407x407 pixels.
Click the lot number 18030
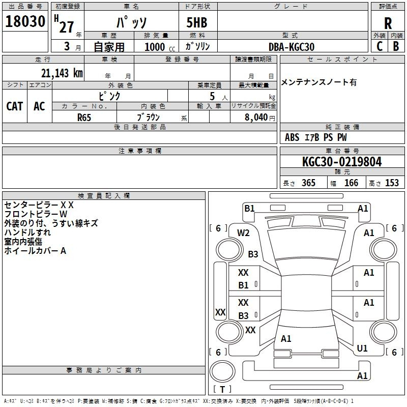(x=25, y=21)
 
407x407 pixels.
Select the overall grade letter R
(x=388, y=23)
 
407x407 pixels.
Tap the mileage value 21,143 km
(x=62, y=73)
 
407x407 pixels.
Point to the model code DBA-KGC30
(x=292, y=47)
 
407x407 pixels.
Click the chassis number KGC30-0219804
(x=342, y=162)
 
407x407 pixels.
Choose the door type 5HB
(x=197, y=22)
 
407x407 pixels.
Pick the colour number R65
(x=84, y=118)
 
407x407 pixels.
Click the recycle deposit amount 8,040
(x=256, y=118)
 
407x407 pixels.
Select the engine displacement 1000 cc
(x=160, y=47)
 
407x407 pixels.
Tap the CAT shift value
(x=15, y=106)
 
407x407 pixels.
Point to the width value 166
(x=351, y=183)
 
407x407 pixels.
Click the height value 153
(x=392, y=183)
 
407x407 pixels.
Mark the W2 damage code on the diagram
(x=243, y=233)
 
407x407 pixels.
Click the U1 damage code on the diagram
(x=362, y=348)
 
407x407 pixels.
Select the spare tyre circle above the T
(x=222, y=371)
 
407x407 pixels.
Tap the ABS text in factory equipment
(x=292, y=137)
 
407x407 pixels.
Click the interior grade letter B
(x=396, y=46)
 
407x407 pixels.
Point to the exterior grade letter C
(x=380, y=46)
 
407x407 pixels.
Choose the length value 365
(x=308, y=183)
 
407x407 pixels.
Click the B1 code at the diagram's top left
(x=249, y=209)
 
